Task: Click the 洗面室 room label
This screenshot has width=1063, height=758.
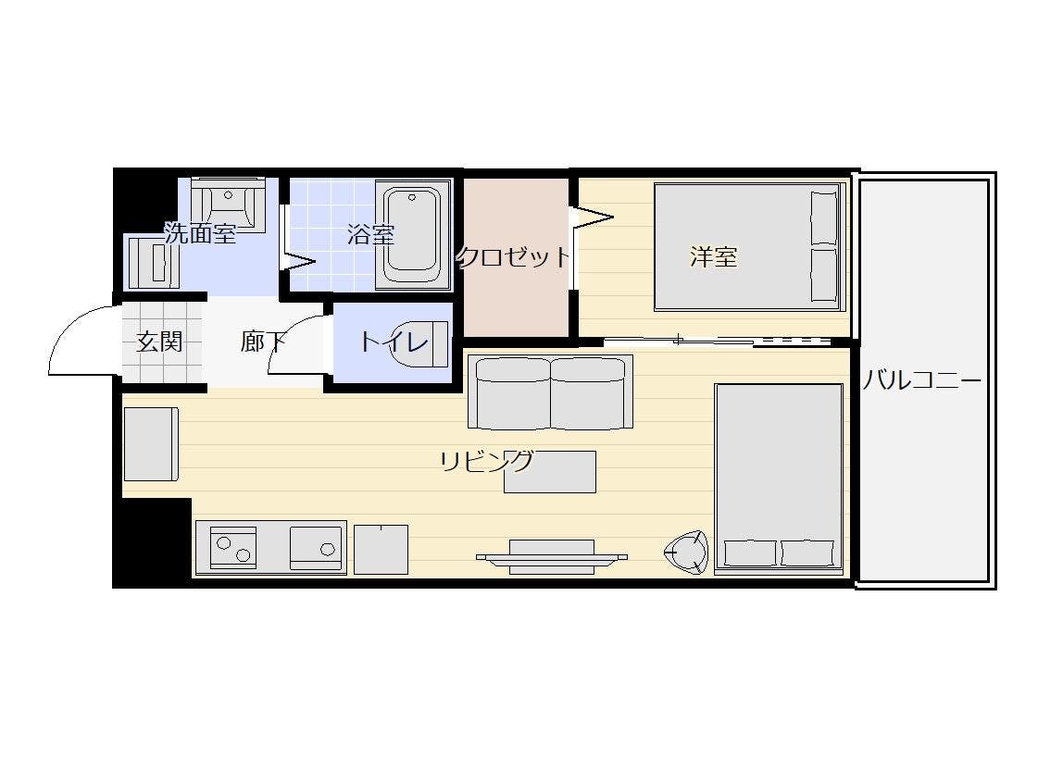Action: tap(200, 233)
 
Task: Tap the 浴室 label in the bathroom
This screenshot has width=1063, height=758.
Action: tap(370, 234)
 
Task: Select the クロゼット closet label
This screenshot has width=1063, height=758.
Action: tap(514, 256)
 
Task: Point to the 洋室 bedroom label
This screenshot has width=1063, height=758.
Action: tap(713, 256)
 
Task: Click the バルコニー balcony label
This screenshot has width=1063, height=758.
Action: tap(921, 380)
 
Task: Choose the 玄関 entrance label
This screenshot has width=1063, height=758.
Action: tap(159, 342)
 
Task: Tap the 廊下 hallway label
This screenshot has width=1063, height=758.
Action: tap(262, 342)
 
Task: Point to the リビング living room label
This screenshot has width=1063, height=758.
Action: tap(486, 461)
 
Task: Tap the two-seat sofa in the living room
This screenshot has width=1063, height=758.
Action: tap(550, 392)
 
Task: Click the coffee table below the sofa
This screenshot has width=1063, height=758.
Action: tap(550, 471)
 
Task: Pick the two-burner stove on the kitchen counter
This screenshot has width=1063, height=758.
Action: tap(233, 547)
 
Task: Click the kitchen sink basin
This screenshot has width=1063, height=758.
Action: tap(317, 548)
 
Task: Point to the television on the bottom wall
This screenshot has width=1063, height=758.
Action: tap(552, 557)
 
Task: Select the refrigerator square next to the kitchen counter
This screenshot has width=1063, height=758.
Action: tap(381, 550)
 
